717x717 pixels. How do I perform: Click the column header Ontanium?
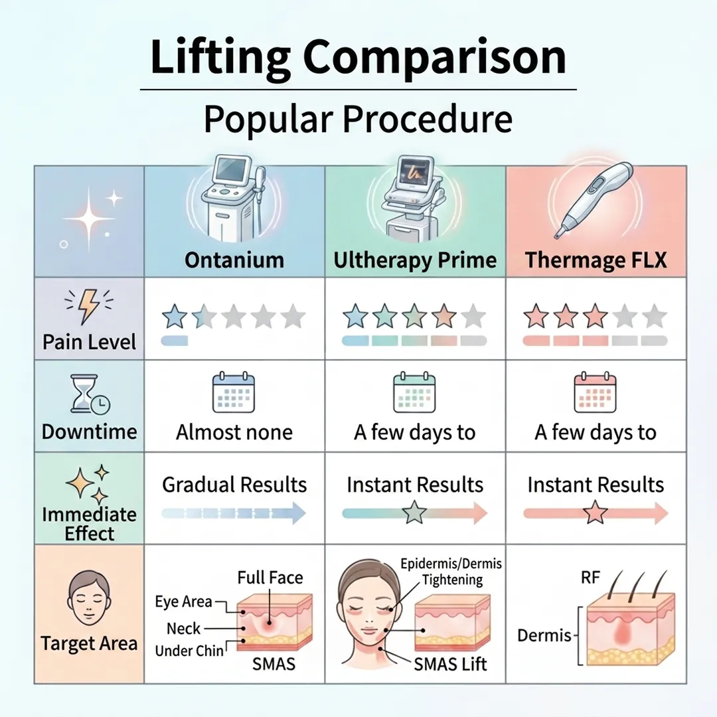pyautogui.click(x=234, y=259)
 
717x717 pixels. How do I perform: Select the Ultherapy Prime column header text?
pyautogui.click(x=415, y=259)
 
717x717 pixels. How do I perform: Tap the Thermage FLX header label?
pyautogui.click(x=596, y=259)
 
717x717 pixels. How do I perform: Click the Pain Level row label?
pyautogui.click(x=89, y=342)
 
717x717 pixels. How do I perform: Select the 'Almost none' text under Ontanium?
pyautogui.click(x=234, y=432)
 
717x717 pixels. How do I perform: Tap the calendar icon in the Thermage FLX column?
pyautogui.click(x=595, y=392)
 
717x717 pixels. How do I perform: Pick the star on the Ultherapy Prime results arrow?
pyautogui.click(x=415, y=513)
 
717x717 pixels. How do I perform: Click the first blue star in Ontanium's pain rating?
pyautogui.click(x=175, y=317)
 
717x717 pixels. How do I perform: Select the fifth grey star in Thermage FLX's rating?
pyautogui.click(x=655, y=317)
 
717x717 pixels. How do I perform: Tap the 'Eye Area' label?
pyautogui.click(x=184, y=602)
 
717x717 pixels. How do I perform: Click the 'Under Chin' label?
pyautogui.click(x=189, y=650)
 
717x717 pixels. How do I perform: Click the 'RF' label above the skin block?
pyautogui.click(x=590, y=578)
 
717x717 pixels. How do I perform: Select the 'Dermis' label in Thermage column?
pyautogui.click(x=544, y=635)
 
